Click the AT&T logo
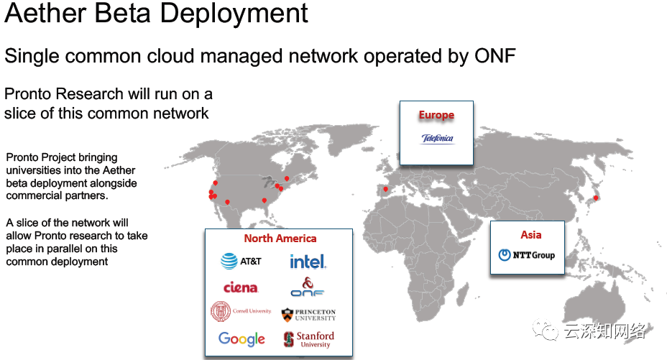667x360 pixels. coord(241,262)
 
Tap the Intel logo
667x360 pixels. coord(308,262)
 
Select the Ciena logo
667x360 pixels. coord(241,287)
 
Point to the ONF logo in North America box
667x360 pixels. coord(308,287)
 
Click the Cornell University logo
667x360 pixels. coord(241,312)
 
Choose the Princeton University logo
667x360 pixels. coord(308,314)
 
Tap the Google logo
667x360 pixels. coord(241,338)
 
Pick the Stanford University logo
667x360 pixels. coord(308,339)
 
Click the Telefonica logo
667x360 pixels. coord(437,139)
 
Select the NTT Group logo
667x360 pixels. coord(526,254)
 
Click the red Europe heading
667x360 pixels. coord(436,115)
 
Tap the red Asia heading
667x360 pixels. coord(531,234)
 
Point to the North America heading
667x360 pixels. coord(280,239)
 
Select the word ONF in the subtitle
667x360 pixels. coord(492,55)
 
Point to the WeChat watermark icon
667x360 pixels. coord(549,331)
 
